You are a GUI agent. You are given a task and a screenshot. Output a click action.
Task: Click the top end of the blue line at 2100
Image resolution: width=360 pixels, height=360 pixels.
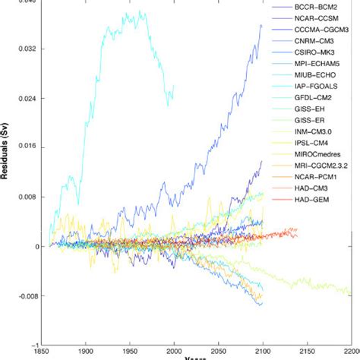261,25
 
